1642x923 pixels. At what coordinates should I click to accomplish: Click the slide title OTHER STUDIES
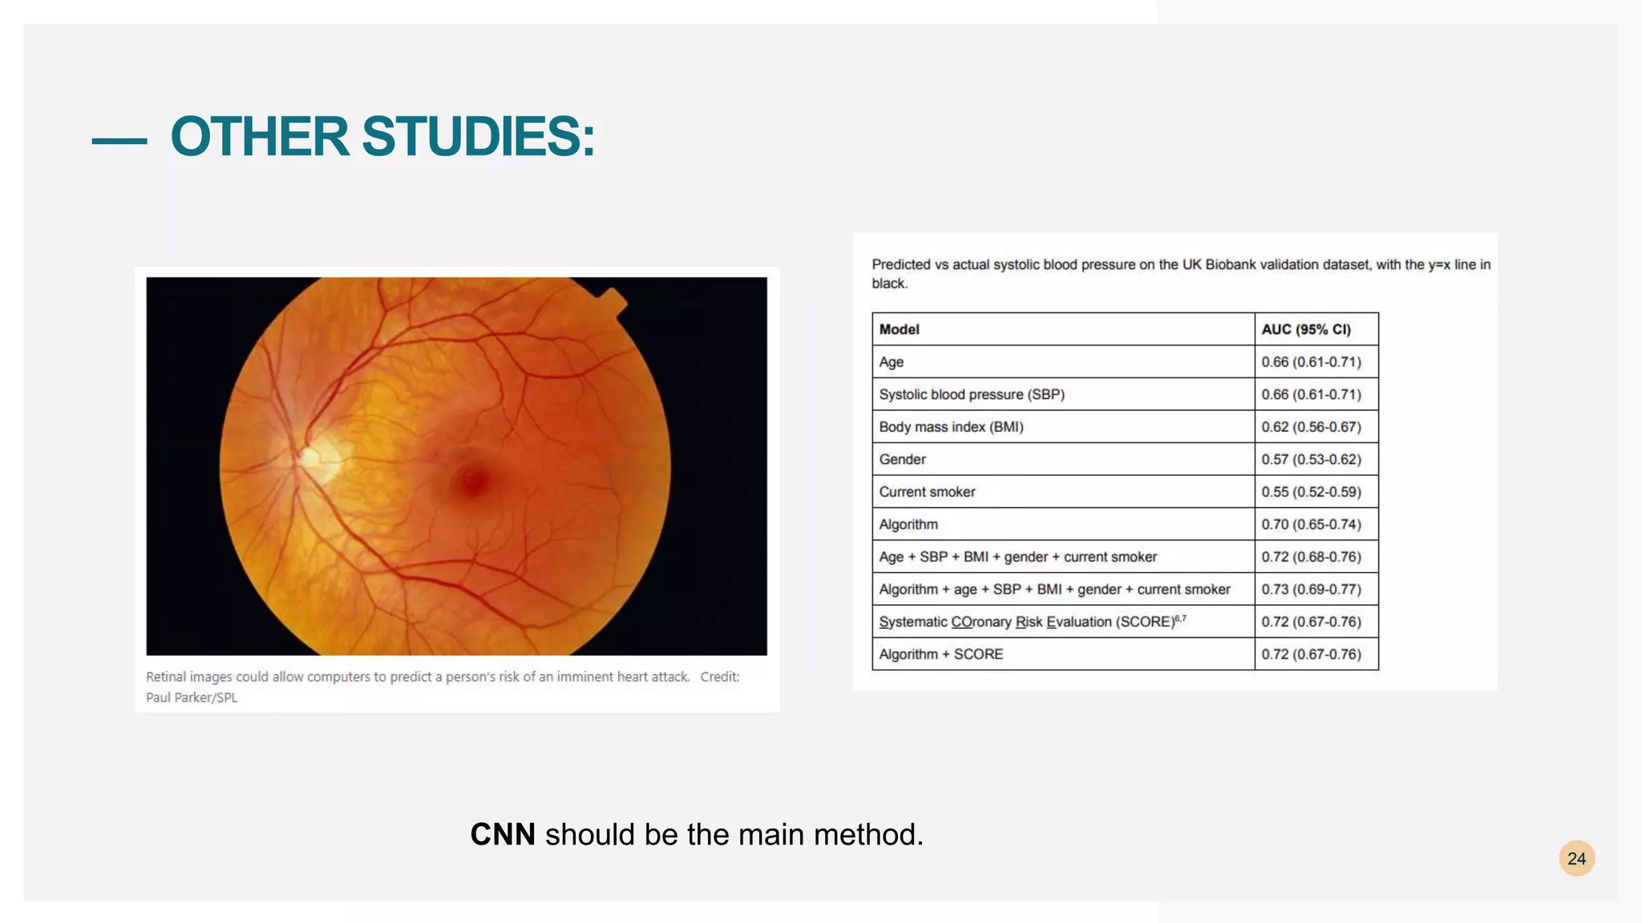382,136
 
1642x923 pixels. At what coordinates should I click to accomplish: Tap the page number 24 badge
1576,859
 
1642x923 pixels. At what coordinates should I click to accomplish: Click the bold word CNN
503,835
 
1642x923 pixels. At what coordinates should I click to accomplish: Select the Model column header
899,329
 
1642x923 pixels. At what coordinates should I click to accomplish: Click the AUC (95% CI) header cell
1306,329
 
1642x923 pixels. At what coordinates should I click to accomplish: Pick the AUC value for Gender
1311,459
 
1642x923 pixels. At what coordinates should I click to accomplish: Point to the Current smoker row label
927,492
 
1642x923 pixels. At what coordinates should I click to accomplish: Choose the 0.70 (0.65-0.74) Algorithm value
1311,524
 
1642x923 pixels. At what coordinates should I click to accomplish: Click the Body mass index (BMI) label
951,427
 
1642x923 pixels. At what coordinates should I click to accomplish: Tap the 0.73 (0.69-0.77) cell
1311,589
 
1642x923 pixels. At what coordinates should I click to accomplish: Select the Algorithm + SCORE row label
940,654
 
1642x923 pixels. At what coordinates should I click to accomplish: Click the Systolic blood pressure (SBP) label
972,394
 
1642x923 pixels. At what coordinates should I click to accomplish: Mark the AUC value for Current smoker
1311,492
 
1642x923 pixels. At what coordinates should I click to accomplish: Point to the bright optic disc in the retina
317,459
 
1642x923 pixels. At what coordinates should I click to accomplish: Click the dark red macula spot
473,481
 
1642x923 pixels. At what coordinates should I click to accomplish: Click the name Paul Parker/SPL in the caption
192,697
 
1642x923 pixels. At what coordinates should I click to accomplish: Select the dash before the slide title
119,141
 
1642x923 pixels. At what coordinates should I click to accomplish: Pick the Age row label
891,362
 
